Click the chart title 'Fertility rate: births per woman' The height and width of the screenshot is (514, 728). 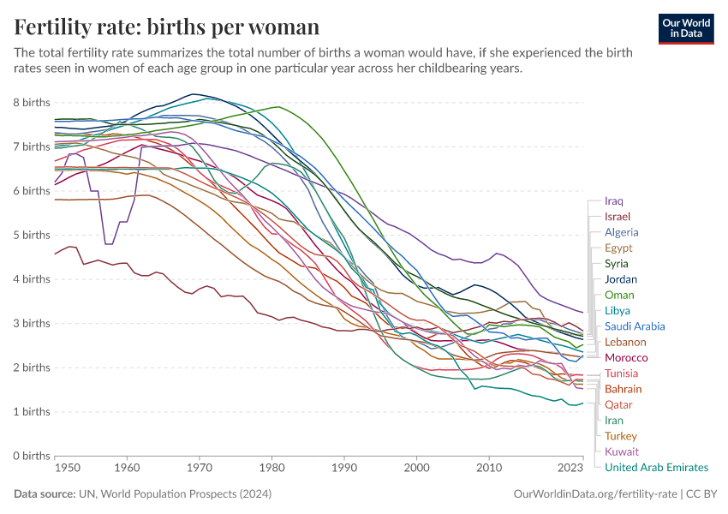point(167,27)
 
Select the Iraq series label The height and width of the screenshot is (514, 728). point(614,200)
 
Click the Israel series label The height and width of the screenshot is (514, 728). point(617,217)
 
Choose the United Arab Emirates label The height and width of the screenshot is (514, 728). point(656,467)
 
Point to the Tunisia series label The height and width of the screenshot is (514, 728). point(621,374)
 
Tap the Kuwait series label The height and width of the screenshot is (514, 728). point(621,451)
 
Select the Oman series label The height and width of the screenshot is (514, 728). point(619,295)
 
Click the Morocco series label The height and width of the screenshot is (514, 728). point(625,357)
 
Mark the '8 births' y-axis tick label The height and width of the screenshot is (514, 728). point(31,103)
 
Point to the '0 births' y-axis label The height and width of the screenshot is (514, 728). point(31,456)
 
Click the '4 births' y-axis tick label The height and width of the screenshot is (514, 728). point(31,279)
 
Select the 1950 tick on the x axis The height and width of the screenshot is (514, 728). point(55,469)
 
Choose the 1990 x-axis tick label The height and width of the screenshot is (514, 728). point(344,469)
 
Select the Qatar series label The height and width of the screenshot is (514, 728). point(619,404)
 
